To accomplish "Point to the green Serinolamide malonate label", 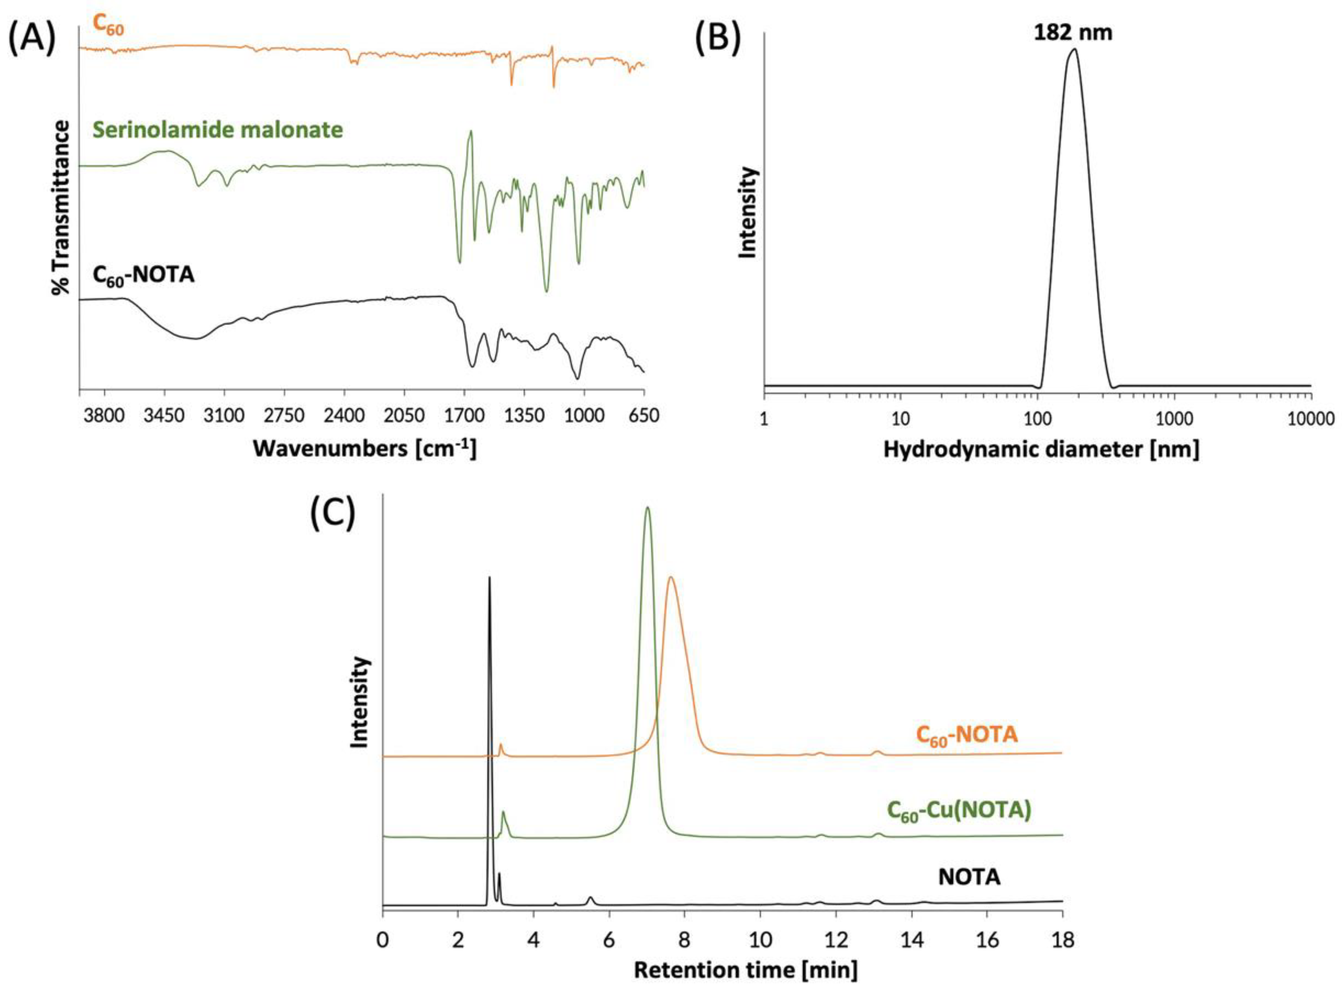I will coord(218,129).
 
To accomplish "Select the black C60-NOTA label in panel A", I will coord(143,276).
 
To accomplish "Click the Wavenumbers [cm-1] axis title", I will coord(365,449).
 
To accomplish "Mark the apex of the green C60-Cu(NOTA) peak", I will coord(647,508).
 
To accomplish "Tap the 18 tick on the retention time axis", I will coord(1062,941).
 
